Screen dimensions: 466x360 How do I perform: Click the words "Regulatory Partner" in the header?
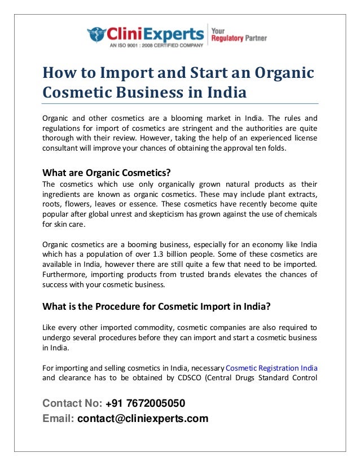tap(239, 39)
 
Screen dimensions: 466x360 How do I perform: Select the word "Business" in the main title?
tap(163, 92)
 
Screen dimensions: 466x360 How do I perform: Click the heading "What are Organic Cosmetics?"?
tap(107, 173)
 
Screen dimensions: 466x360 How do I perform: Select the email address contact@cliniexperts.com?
tap(143, 419)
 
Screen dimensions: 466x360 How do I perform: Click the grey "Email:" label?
tap(58, 419)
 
